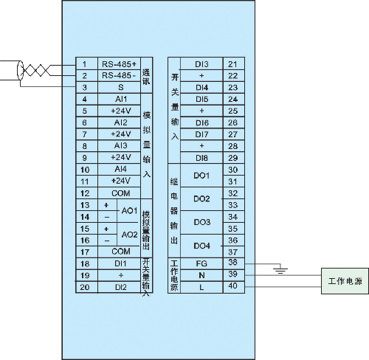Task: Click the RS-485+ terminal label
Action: pos(119,64)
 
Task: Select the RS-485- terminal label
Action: pos(119,75)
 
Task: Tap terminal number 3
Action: pos(84,87)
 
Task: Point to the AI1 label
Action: pos(121,99)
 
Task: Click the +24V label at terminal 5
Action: pos(121,111)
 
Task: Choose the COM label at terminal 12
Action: pos(121,193)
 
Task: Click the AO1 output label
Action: pos(129,211)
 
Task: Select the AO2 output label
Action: pos(129,235)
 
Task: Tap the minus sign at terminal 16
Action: pos(107,240)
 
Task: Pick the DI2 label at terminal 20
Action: pos(121,287)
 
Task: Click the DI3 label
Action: pos(201,64)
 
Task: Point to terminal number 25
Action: pos(232,111)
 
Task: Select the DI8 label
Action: pos(201,158)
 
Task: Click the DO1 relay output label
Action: pos(201,176)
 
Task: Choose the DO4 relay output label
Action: pos(201,246)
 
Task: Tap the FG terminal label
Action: pos(201,263)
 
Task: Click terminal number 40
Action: pos(232,285)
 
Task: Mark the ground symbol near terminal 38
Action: pos(280,270)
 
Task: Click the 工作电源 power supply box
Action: pos(345,281)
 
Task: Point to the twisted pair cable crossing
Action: pos(36,70)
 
